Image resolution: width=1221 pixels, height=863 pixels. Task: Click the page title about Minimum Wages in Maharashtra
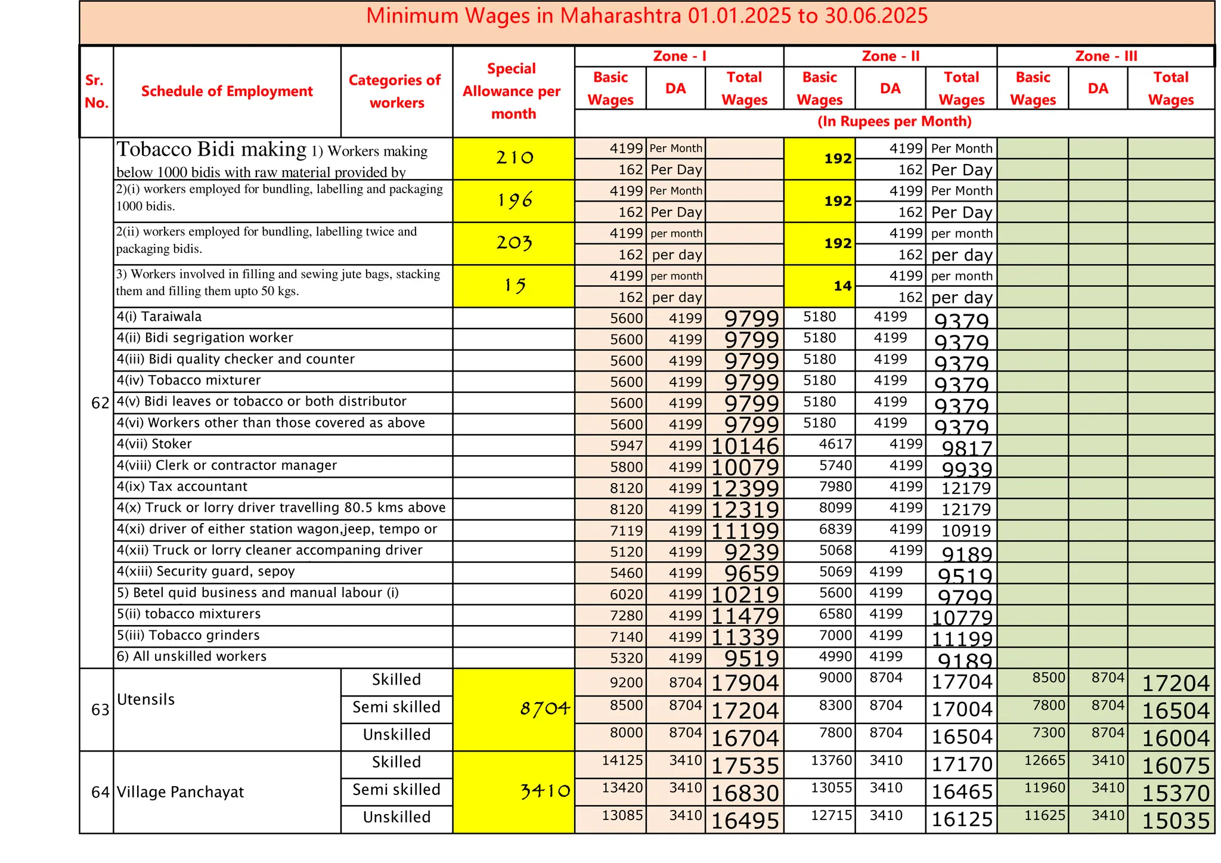point(647,16)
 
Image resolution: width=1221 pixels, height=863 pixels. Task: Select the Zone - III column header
point(1106,56)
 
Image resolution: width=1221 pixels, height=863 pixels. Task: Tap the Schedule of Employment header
point(227,91)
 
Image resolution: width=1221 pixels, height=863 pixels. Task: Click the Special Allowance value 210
point(514,158)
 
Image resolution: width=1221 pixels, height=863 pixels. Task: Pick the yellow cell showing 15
point(514,286)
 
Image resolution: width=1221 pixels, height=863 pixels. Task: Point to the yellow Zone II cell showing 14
point(842,286)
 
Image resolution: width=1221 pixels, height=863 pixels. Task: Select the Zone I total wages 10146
point(745,446)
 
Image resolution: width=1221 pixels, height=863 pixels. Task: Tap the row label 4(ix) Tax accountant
point(182,487)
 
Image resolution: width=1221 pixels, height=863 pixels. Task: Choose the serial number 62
point(100,404)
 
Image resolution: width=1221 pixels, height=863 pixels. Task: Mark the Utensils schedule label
point(145,700)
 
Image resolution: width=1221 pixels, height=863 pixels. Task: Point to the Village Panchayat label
point(180,793)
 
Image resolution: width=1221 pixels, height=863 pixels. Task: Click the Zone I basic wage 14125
point(622,761)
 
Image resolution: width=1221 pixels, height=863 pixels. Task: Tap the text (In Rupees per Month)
point(894,122)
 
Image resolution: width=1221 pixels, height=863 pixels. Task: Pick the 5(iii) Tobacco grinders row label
point(188,635)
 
